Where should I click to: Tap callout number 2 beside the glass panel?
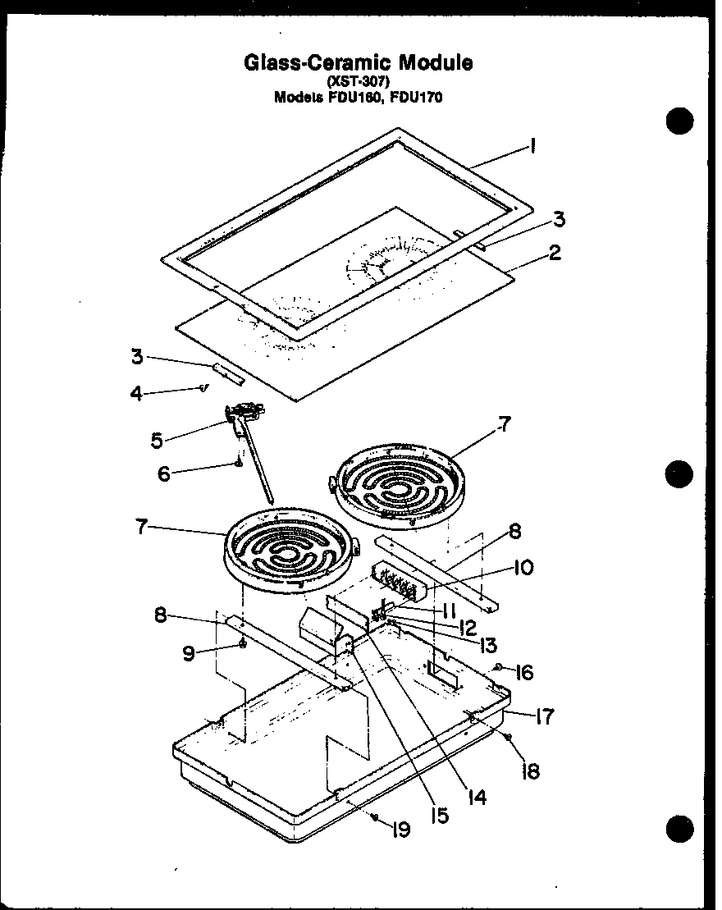555,252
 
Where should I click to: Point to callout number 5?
156,440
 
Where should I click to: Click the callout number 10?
523,567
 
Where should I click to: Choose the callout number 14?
477,796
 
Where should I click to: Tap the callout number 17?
544,716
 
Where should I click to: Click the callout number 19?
401,830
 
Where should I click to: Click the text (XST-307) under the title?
358,80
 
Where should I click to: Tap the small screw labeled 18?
509,735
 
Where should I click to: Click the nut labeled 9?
243,645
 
